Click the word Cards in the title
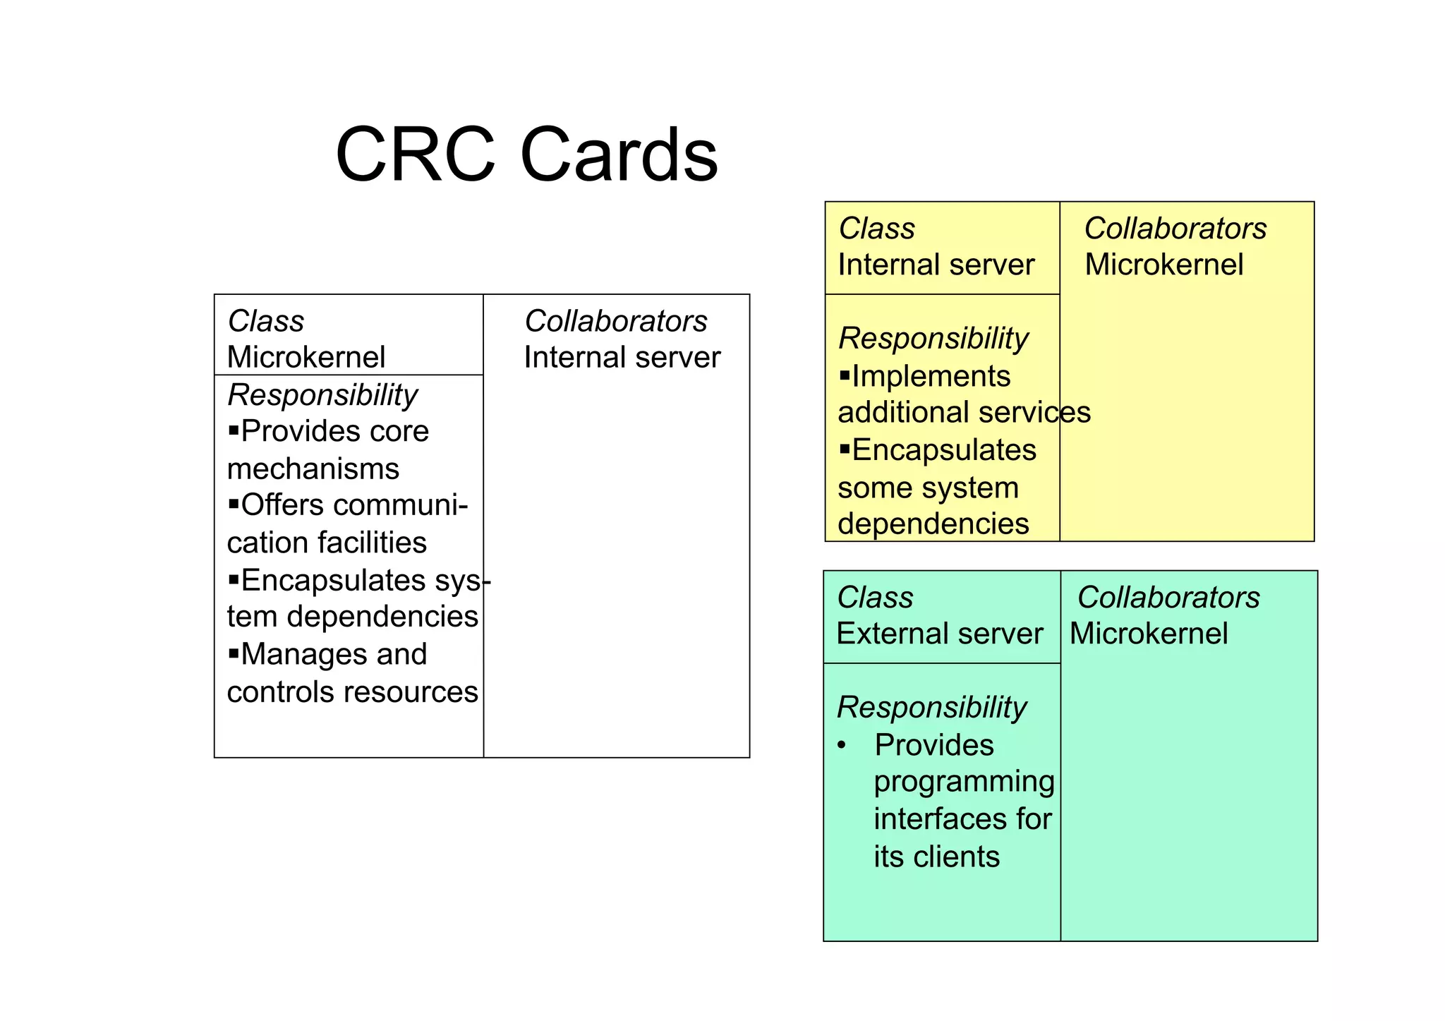[x=619, y=155]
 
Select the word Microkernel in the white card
[x=306, y=357]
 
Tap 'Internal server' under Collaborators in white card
[x=622, y=357]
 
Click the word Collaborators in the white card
[x=615, y=321]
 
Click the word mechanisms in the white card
[x=313, y=469]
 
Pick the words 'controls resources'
[x=352, y=691]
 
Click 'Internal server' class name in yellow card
[x=936, y=265]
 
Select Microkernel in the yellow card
[x=1163, y=265]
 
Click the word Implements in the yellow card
[x=931, y=376]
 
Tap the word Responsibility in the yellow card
[x=933, y=338]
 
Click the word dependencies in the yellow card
[x=933, y=524]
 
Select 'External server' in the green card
[x=939, y=634]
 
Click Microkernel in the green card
[x=1148, y=634]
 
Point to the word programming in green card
[x=964, y=782]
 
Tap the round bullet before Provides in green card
[x=841, y=745]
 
